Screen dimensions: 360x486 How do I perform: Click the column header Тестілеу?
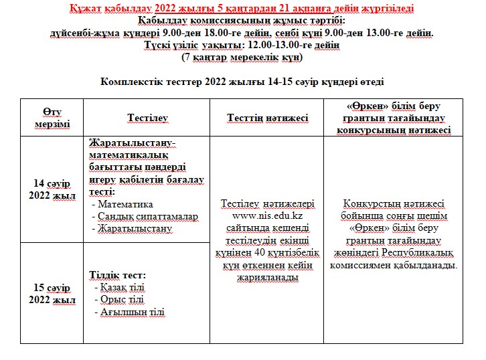148,118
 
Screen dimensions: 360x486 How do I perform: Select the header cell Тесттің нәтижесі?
267,118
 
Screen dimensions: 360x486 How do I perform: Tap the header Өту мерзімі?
53,118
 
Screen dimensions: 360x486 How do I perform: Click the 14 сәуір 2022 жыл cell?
54,189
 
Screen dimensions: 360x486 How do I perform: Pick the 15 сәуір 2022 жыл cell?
54,293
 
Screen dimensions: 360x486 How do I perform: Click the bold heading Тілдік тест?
117,275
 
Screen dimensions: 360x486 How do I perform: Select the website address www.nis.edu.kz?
267,215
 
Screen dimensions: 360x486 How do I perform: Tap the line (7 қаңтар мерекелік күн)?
242,58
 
